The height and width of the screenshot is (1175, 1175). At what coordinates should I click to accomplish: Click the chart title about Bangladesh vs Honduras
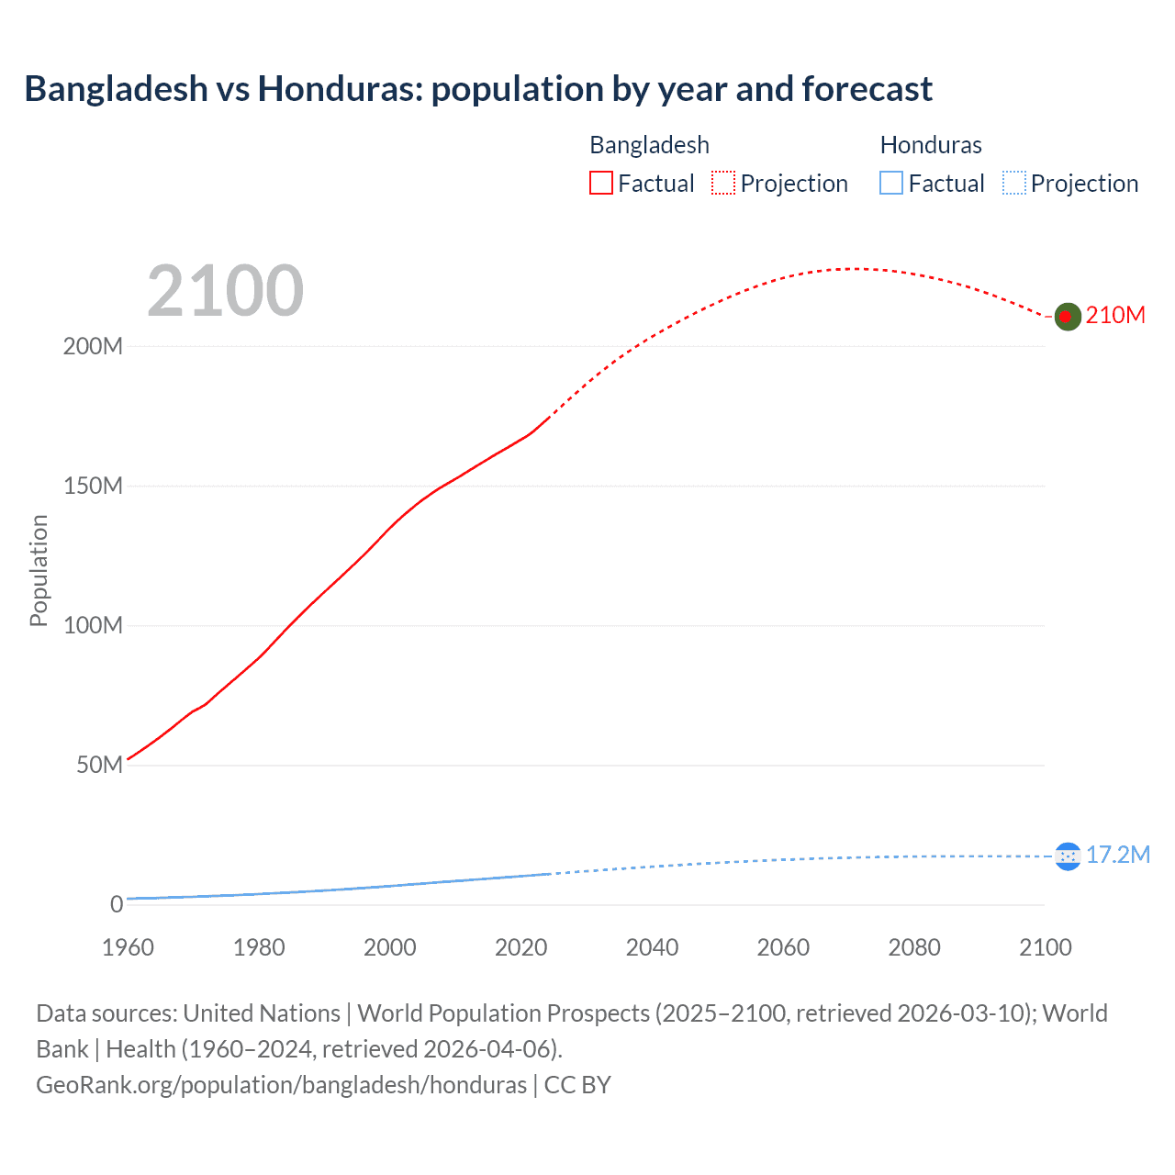[x=478, y=89]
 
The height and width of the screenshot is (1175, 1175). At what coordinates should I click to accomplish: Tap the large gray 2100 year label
[x=225, y=291]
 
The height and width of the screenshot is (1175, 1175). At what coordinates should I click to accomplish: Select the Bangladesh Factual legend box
[x=601, y=183]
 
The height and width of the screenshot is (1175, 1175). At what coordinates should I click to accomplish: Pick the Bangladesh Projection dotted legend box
[x=723, y=183]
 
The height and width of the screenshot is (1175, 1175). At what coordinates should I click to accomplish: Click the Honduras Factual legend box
[x=891, y=183]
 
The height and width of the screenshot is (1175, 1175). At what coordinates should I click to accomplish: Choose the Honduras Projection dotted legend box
[x=1013, y=183]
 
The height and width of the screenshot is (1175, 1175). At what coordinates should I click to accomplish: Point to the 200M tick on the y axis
[x=93, y=347]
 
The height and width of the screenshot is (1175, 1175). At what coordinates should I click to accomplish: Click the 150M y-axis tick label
[x=93, y=487]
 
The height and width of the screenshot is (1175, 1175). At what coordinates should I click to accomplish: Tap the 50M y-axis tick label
[x=99, y=766]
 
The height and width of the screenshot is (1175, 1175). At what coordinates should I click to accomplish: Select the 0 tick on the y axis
[x=117, y=905]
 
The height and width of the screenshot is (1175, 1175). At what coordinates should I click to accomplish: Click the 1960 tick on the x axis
[x=128, y=947]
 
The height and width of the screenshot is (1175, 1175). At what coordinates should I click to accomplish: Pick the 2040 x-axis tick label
[x=652, y=947]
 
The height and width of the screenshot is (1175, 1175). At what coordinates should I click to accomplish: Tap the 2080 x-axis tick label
[x=914, y=947]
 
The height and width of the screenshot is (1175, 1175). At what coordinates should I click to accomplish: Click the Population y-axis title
[x=39, y=570]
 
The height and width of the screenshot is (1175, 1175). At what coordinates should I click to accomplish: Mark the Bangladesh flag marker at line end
[x=1067, y=317]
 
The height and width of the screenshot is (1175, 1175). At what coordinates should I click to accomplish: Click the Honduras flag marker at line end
[x=1068, y=856]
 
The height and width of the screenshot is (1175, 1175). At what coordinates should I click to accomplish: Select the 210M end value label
[x=1115, y=316]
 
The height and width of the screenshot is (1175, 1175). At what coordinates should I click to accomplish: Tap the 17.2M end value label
[x=1117, y=856]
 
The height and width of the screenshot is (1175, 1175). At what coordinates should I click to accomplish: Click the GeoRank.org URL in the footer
[x=281, y=1085]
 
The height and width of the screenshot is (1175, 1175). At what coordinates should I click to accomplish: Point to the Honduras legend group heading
[x=931, y=145]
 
